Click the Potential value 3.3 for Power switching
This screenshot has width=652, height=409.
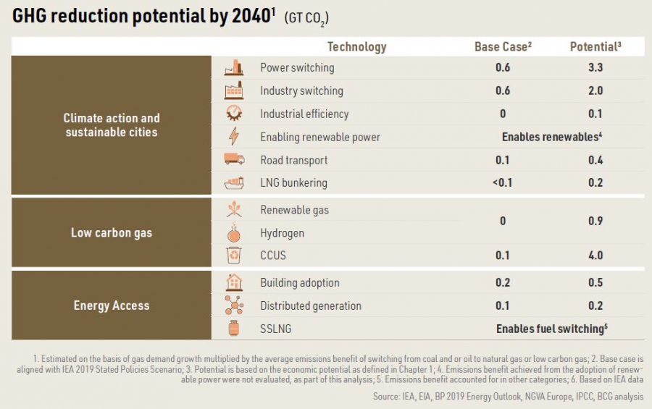click(595, 68)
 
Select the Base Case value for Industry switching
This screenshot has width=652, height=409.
click(503, 91)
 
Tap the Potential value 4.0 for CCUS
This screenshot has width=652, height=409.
click(595, 256)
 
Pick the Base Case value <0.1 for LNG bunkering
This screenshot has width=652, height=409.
click(502, 183)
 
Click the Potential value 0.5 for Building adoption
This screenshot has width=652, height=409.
click(595, 283)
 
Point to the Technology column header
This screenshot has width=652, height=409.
click(356, 47)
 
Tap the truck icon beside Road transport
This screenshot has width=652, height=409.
click(234, 160)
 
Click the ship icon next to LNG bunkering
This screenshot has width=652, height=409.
click(234, 183)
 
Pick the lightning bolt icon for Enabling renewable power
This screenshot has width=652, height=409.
click(234, 137)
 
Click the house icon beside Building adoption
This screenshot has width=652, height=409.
click(234, 282)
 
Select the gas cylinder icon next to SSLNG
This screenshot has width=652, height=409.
click(234, 329)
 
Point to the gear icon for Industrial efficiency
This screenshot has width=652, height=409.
click(234, 114)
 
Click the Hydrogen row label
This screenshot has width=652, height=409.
click(282, 233)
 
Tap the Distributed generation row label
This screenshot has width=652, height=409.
click(310, 306)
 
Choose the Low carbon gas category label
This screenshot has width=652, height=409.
click(111, 233)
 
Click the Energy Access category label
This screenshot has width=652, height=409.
click(111, 305)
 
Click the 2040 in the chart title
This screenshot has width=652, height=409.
click(248, 17)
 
